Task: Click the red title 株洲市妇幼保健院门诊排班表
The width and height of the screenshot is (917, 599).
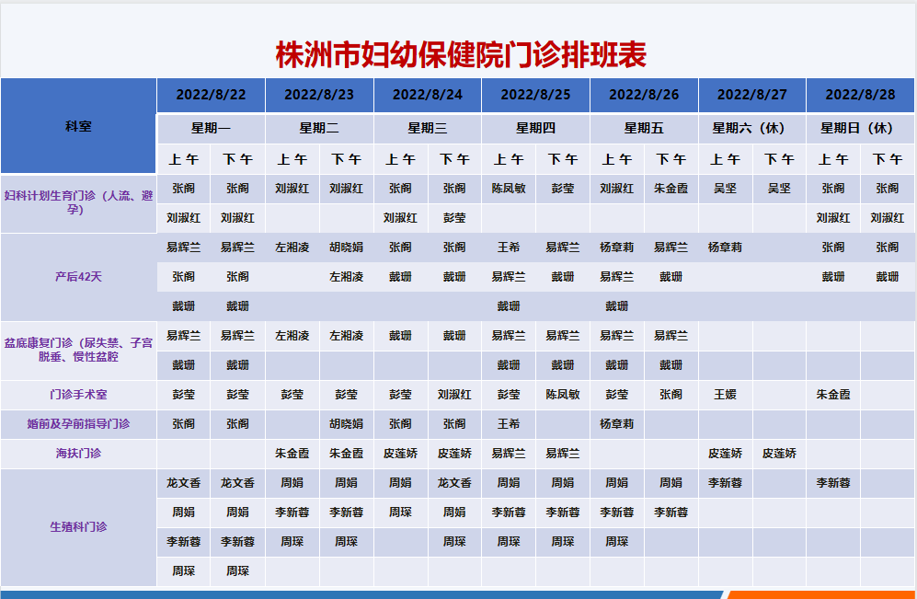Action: tap(461, 54)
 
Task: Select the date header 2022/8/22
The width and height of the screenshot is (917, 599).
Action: tap(212, 95)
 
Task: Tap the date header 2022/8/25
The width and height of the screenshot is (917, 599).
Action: tap(535, 95)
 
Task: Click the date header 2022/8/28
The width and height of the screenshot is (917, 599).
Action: tap(860, 95)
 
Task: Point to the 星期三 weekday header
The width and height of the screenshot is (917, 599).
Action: tap(428, 128)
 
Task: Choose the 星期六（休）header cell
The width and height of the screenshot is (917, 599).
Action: tap(752, 128)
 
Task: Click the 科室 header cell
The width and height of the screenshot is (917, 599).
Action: tap(78, 126)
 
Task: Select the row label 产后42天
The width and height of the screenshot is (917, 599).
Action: tap(78, 277)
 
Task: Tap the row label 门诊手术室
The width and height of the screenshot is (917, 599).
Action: tap(78, 394)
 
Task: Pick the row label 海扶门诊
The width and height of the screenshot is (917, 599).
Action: tap(78, 454)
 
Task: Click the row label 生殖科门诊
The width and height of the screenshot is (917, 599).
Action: tap(78, 527)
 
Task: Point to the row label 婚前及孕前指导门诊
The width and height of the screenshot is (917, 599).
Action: tap(78, 423)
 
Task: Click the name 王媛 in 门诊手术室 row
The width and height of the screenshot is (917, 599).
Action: tap(725, 394)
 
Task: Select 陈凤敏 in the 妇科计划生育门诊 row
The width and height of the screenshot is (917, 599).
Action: tap(509, 189)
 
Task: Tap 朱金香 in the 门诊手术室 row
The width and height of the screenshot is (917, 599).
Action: tap(833, 394)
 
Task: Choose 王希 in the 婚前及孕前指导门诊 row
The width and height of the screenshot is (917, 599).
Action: tap(509, 423)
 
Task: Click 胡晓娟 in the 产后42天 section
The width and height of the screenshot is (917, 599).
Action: tap(346, 248)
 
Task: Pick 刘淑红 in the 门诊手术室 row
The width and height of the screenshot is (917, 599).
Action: tap(454, 394)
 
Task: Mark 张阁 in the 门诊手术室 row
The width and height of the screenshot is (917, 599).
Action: tap(671, 394)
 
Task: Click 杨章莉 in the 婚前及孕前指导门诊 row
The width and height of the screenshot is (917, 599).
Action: tap(617, 423)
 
